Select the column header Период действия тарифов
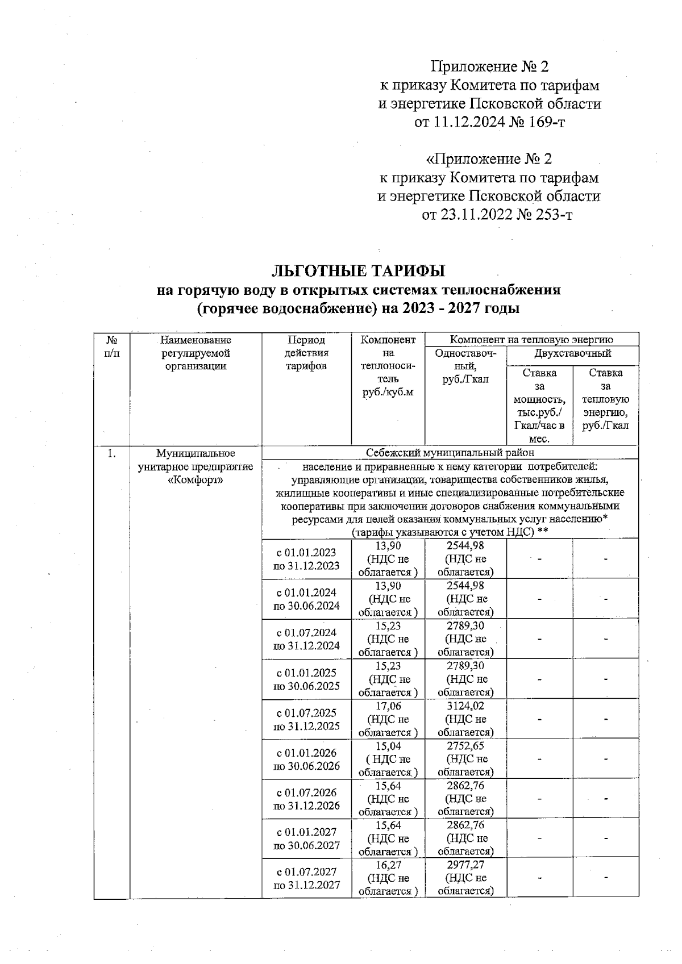(x=306, y=353)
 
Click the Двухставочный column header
(x=572, y=353)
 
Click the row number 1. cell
(x=112, y=453)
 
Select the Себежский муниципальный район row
(x=450, y=453)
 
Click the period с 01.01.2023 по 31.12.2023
(x=306, y=559)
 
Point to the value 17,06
(x=388, y=706)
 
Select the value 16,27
(x=388, y=865)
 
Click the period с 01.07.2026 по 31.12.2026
(x=306, y=799)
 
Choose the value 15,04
(x=388, y=746)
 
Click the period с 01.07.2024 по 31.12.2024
(x=306, y=639)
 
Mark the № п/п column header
(x=112, y=347)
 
